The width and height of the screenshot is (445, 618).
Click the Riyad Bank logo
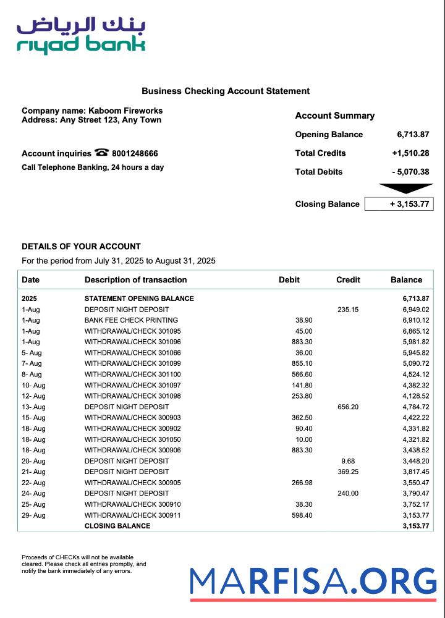[81, 36]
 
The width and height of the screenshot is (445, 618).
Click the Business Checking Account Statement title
[226, 91]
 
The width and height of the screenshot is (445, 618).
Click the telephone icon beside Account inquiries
[102, 153]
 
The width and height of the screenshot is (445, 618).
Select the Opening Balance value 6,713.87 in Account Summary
[413, 135]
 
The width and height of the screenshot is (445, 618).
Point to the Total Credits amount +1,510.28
[410, 153]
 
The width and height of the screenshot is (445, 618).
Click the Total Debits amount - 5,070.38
[410, 172]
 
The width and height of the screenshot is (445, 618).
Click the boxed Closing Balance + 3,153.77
[399, 204]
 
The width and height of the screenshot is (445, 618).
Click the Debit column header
[289, 280]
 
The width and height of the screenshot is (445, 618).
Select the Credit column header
[348, 280]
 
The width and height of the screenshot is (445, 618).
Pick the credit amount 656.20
[348, 407]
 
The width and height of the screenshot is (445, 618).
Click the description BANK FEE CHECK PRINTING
[131, 320]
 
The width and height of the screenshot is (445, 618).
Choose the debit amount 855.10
[302, 363]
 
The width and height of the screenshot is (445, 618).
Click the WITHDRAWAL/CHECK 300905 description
[133, 483]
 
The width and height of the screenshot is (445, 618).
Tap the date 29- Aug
[33, 515]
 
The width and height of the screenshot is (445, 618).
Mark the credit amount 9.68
[348, 461]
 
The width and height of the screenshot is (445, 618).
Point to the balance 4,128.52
[415, 396]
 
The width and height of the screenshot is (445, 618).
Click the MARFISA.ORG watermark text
[313, 582]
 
